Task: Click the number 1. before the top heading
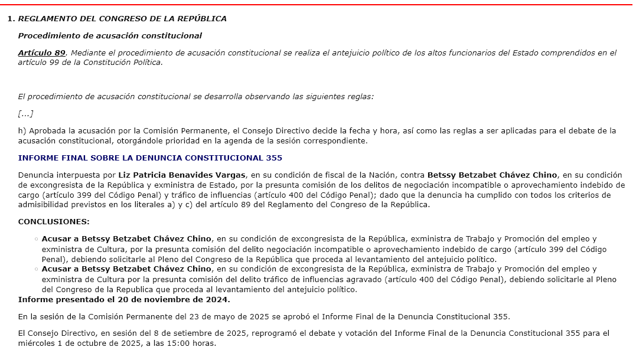(11, 19)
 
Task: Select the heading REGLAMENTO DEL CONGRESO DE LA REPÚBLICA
(122, 19)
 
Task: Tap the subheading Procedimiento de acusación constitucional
(110, 36)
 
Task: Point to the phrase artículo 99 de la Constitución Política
(90, 62)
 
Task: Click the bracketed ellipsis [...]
(25, 113)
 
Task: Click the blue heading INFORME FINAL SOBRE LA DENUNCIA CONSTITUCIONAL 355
(150, 158)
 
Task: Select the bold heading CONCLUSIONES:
(54, 222)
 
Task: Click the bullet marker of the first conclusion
(37, 240)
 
